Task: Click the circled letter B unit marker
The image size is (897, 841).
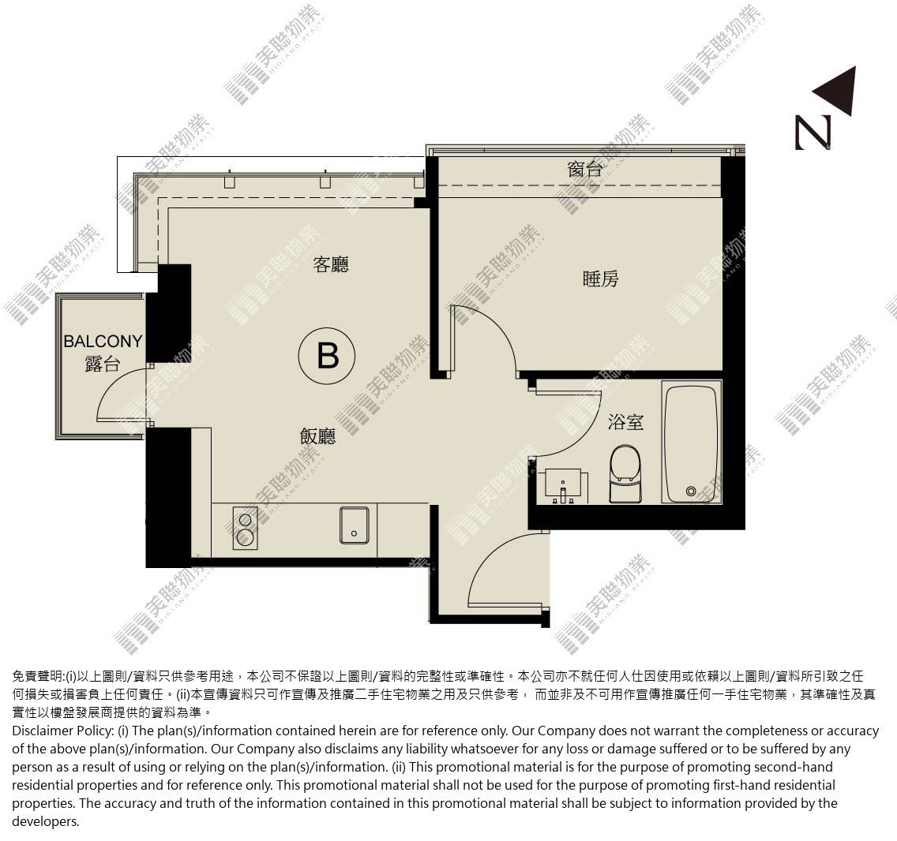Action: tap(327, 356)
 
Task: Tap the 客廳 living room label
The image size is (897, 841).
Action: tap(331, 265)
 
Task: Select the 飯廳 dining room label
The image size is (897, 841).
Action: tap(317, 437)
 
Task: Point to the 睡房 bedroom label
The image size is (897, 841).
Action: tap(601, 279)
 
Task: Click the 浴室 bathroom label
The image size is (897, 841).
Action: tap(625, 423)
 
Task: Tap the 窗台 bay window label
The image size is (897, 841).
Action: tap(584, 170)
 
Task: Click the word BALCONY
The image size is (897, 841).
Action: tap(103, 342)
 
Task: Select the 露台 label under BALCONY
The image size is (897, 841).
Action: tap(103, 364)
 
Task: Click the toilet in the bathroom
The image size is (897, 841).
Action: tap(626, 474)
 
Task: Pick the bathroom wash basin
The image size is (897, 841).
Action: tap(566, 486)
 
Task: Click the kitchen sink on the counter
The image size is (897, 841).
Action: tap(354, 525)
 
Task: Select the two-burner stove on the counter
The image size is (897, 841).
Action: tap(246, 529)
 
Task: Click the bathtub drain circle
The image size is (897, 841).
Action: tap(691, 491)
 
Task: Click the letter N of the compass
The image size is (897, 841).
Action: tap(813, 133)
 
